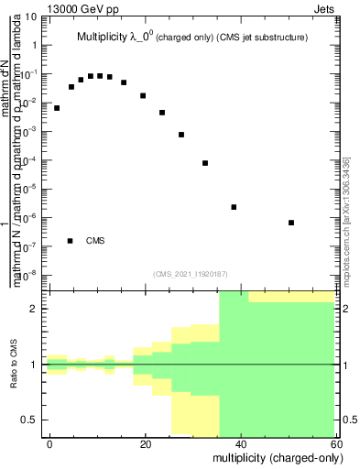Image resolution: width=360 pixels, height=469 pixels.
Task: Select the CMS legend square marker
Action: pos(70,241)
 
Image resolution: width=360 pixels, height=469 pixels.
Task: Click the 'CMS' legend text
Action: pos(95,241)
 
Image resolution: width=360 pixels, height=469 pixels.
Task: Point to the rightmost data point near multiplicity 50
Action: pos(290,223)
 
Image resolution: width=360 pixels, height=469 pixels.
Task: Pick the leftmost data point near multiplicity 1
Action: pos(57,108)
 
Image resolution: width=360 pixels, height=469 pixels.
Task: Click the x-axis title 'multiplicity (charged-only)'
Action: pos(274,457)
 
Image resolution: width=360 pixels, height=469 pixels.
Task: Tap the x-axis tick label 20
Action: pos(146,443)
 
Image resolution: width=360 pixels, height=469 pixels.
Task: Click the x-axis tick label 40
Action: pos(241,443)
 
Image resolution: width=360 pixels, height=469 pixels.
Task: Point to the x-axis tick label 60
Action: pos(335,443)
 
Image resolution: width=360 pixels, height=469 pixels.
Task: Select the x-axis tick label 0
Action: pos(50,443)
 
